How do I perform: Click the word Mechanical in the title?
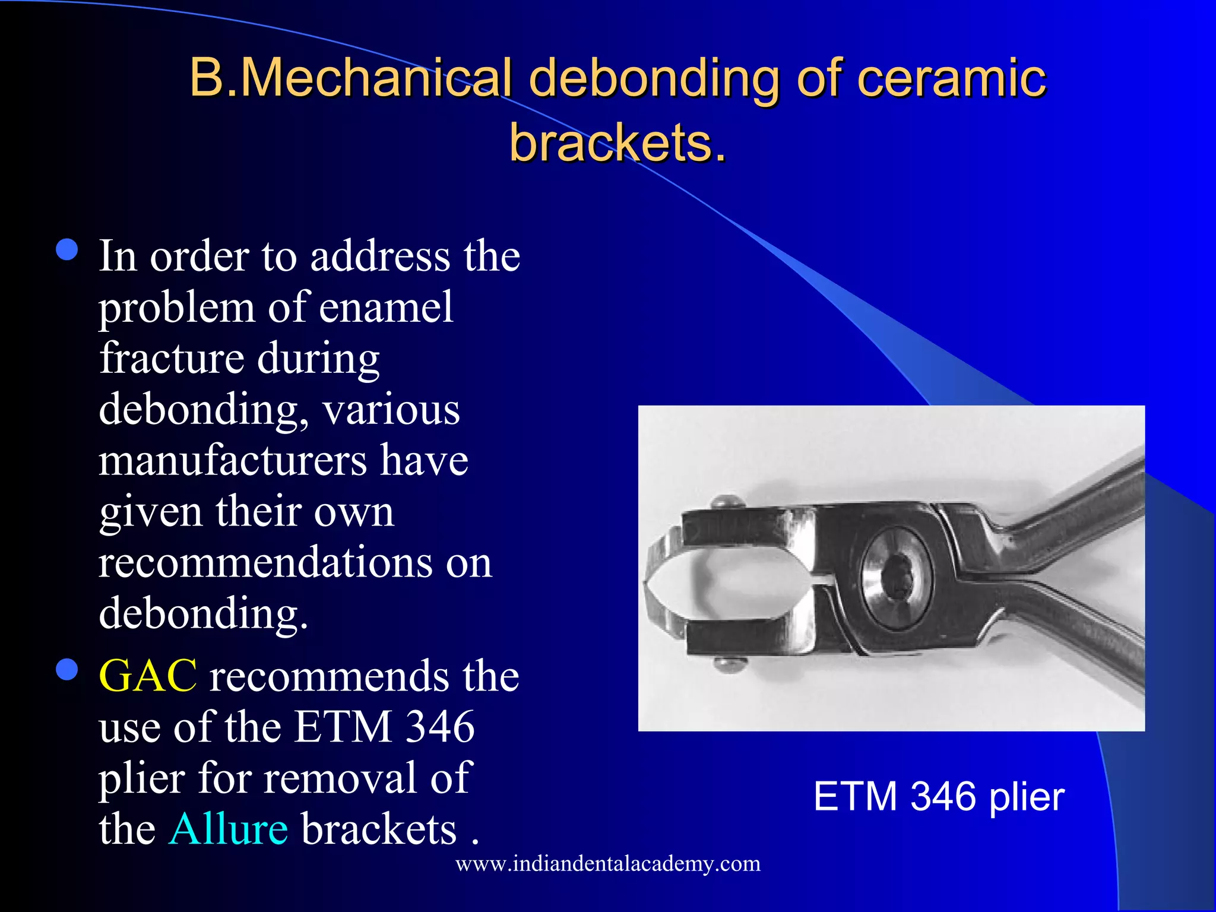pos(376,78)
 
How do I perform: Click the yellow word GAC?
pos(148,676)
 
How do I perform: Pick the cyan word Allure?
pos(229,829)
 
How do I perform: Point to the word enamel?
pos(386,308)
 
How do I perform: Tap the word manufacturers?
pos(233,461)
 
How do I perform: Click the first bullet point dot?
pos(67,250)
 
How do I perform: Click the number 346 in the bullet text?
pos(440,727)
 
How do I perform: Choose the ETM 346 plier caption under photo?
pos(939,797)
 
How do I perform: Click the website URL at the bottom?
pos(608,863)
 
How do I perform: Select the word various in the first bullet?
pos(391,410)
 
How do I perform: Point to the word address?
pos(380,256)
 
